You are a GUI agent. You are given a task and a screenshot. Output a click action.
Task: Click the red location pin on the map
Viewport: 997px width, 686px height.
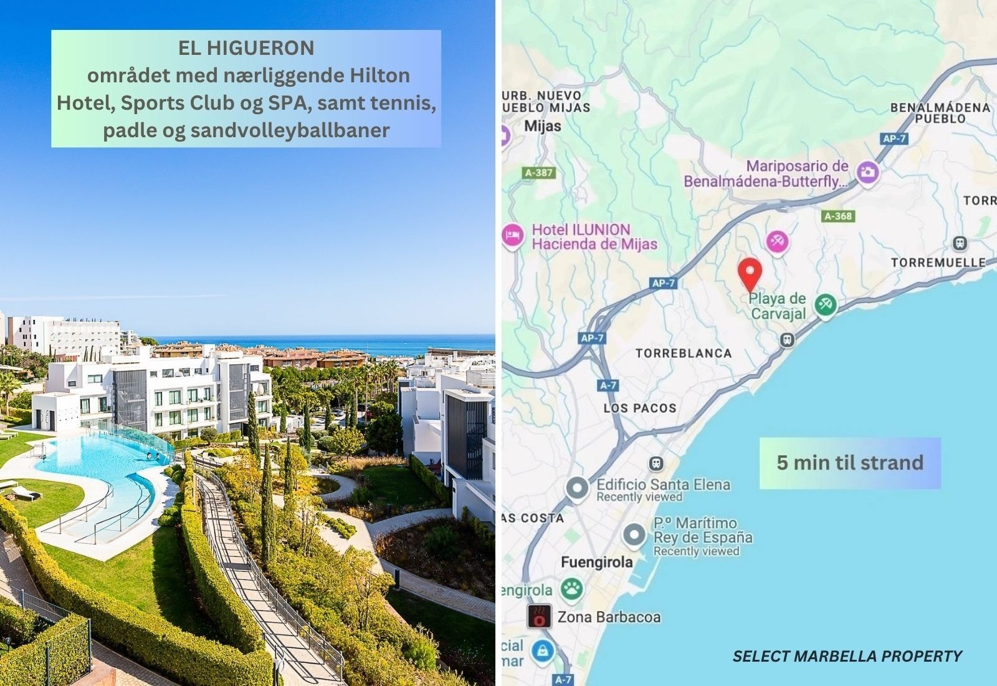750,273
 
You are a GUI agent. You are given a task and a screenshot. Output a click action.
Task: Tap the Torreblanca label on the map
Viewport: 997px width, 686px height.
684,353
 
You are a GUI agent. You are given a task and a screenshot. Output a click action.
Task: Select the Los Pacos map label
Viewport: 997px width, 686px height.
640,408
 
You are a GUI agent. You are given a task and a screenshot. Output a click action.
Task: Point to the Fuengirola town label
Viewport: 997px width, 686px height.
596,563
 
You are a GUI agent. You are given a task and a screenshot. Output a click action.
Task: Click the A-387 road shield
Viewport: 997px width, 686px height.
539,173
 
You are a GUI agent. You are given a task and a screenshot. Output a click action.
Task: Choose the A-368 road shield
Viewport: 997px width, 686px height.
838,216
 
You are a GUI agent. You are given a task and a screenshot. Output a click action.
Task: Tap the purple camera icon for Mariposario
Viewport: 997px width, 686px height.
867,172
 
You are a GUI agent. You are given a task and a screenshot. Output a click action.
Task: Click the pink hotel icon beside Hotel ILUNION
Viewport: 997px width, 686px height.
512,236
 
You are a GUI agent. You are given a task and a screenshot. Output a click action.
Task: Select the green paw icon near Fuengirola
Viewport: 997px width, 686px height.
571,588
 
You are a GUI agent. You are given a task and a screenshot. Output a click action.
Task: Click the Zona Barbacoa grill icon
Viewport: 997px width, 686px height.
539,616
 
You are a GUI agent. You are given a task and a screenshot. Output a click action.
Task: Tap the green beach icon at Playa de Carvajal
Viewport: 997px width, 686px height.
826,305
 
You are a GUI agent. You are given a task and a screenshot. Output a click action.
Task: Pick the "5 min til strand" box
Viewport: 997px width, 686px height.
849,463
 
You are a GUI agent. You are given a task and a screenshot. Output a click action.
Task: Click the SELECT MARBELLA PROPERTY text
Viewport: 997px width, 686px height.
847,656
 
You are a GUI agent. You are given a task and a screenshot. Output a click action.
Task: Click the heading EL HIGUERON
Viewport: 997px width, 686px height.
246,48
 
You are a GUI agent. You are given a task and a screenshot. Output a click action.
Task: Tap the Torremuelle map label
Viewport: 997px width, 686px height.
938,263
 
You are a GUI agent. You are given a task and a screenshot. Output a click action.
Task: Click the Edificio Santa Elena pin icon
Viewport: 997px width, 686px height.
578,488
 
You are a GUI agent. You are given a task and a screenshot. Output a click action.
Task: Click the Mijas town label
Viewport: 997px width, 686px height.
542,126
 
